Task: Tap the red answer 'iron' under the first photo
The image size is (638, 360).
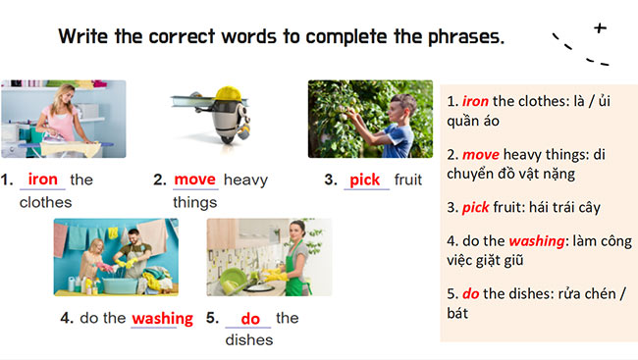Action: [43, 180]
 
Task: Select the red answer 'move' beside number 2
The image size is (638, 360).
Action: [194, 180]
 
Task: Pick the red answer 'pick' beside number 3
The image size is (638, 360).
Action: [364, 180]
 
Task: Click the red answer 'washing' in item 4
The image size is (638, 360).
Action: [162, 318]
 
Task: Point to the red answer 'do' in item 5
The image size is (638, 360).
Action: [249, 318]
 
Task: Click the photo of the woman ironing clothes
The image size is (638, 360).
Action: [64, 119]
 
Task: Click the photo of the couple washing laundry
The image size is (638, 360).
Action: [116, 257]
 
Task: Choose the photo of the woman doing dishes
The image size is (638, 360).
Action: [269, 257]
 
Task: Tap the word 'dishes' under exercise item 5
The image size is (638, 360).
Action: [248, 340]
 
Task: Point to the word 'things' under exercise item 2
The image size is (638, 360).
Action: [194, 203]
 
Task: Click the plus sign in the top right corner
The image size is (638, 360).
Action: [600, 28]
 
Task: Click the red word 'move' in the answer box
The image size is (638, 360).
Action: [481, 154]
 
